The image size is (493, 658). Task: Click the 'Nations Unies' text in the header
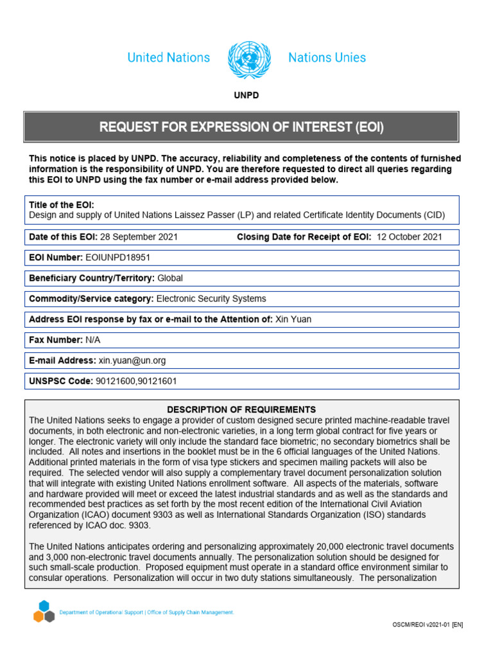[327, 58]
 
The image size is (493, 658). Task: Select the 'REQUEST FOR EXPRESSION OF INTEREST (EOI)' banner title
[241, 127]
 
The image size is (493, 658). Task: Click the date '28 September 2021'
[139, 237]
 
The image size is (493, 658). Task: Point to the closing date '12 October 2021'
[409, 237]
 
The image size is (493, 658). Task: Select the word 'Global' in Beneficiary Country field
[170, 278]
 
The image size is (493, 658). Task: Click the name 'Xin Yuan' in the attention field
[293, 319]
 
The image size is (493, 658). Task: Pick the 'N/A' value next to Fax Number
[94, 340]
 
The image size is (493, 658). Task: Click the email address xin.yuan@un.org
[132, 360]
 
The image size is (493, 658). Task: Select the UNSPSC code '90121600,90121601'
[136, 381]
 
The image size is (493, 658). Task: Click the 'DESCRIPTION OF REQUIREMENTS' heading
[241, 409]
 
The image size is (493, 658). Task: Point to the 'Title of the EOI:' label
[62, 205]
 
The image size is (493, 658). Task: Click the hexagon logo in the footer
[44, 611]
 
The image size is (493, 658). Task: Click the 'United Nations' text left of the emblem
[168, 58]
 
